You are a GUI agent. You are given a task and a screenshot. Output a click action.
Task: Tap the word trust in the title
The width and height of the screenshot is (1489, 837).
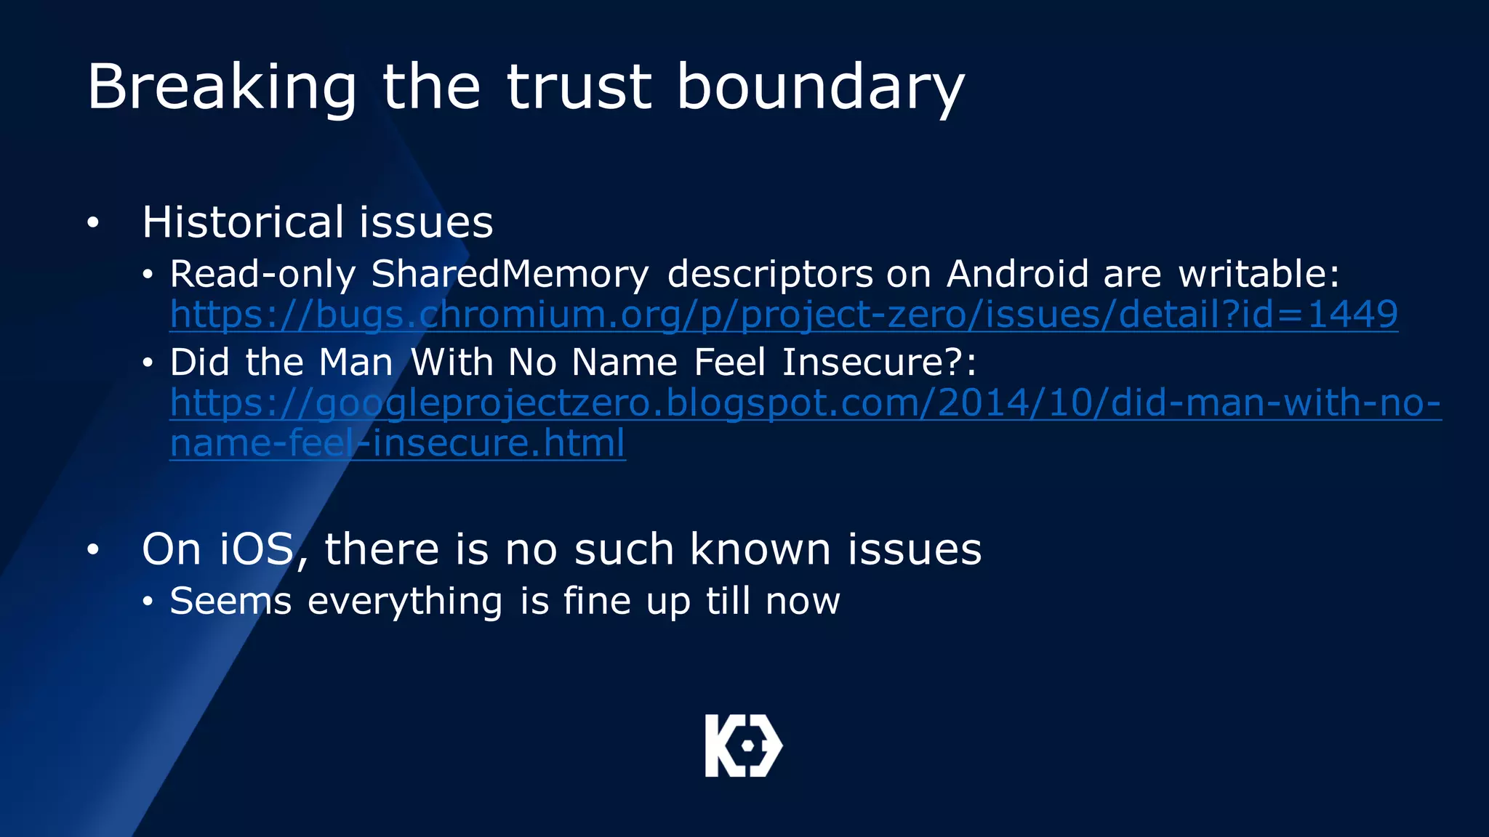point(579,87)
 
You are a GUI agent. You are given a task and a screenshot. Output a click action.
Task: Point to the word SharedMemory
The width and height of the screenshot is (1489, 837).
point(510,275)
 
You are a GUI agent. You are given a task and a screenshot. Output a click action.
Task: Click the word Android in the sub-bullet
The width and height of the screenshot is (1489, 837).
point(1017,275)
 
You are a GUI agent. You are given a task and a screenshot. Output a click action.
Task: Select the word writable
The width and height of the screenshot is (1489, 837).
point(1259,275)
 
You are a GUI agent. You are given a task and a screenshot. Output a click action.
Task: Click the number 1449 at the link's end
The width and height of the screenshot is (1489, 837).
point(1352,315)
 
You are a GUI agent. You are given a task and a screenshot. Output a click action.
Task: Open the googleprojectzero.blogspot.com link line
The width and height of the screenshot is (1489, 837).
point(805,403)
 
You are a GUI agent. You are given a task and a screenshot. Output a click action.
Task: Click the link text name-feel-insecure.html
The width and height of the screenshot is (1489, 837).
point(397,442)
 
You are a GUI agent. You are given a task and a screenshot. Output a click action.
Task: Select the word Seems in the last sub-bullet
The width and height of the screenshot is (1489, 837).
point(230,602)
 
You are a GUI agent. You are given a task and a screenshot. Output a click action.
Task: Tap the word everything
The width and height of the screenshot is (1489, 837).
point(405,602)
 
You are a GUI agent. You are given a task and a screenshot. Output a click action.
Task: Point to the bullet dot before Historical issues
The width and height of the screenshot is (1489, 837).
point(92,223)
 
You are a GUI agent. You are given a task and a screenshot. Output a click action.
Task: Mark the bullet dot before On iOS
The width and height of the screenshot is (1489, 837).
point(92,550)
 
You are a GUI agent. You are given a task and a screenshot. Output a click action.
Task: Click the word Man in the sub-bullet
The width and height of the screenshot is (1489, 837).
point(356,362)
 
